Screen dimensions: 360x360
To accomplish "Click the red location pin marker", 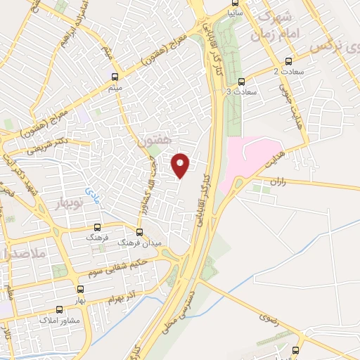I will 181,165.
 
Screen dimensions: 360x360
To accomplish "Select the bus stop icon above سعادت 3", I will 243,81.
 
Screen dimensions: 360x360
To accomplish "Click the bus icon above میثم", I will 115,76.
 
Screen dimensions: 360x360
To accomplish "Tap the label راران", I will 279,181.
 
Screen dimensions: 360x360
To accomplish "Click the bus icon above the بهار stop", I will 79,289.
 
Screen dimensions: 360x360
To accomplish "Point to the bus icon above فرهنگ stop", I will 97,227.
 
